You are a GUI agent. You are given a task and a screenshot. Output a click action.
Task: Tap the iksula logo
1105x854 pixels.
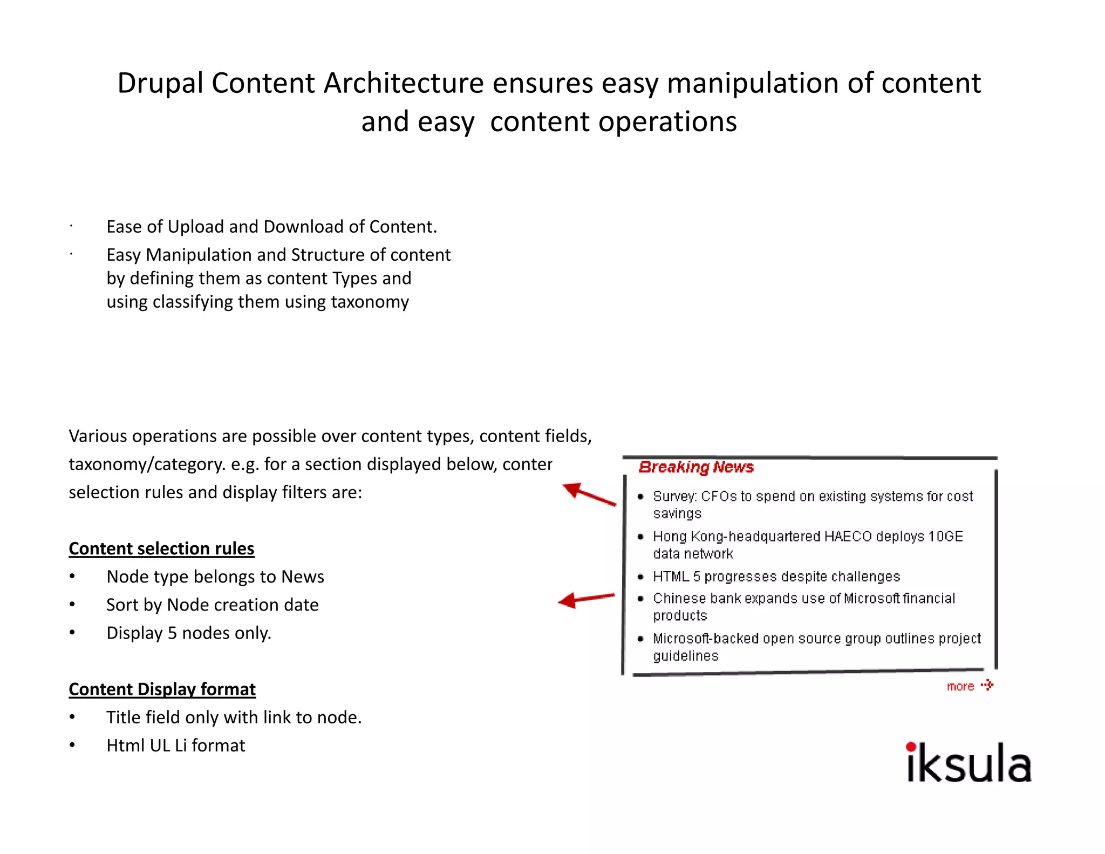[968, 763]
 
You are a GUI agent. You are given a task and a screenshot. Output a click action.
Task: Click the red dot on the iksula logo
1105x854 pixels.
[911, 747]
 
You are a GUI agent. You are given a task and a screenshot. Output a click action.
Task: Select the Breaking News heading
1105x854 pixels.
[695, 467]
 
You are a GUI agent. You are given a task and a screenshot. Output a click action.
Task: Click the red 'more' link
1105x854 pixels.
[960, 687]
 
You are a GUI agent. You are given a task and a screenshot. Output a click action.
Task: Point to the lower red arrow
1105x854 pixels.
[585, 599]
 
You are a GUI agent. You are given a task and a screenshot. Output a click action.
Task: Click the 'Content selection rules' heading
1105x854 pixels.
[161, 548]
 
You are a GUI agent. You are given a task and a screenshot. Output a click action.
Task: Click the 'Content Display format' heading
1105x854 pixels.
[162, 689]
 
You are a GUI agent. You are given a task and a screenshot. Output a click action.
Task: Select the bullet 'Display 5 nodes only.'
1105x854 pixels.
[188, 633]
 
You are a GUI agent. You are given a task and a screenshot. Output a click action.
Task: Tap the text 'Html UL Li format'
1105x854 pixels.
[175, 745]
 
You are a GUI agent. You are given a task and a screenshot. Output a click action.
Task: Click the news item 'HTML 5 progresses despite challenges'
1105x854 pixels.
[776, 577]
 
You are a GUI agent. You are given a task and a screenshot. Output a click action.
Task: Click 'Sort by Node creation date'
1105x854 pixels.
[212, 605]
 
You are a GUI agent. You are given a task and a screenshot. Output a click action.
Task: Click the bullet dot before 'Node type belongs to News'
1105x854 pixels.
[72, 577]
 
